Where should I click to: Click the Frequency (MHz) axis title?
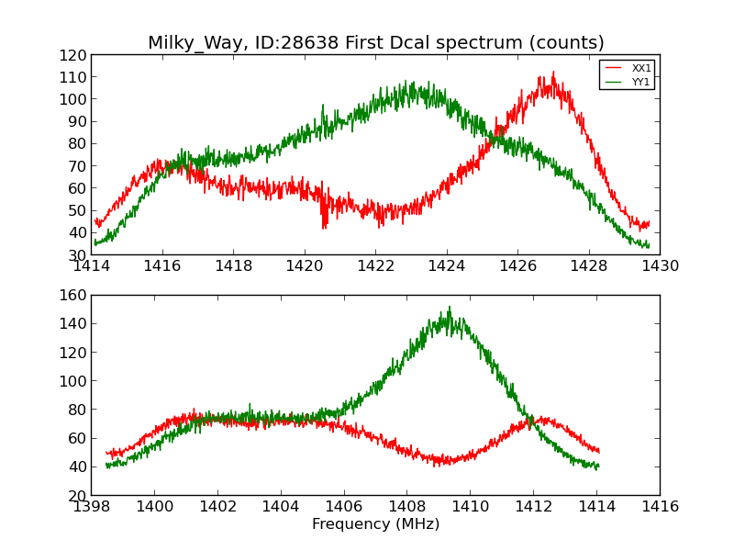point(375,524)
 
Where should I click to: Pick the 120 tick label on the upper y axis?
point(74,55)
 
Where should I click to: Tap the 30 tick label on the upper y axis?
point(78,255)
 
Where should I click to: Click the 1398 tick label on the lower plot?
point(91,506)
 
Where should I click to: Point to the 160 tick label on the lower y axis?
point(74,296)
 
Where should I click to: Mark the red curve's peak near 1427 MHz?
point(552,73)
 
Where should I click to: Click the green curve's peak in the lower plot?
point(450,308)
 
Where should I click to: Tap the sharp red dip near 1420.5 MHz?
point(324,227)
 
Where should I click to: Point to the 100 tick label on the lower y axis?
point(74,381)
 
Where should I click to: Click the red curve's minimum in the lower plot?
point(437,466)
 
